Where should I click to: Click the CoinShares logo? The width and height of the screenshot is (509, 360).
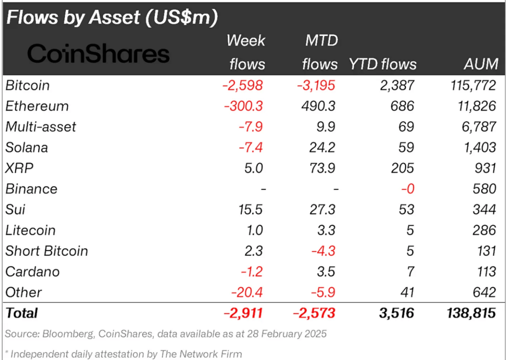(98, 53)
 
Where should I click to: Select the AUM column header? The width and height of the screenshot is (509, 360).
(481, 64)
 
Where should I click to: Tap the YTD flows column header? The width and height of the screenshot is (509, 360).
(383, 64)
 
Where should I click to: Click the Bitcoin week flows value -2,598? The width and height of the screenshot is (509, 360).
(243, 86)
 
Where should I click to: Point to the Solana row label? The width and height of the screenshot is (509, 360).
(27, 148)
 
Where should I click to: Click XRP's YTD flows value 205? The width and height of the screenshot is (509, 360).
(403, 169)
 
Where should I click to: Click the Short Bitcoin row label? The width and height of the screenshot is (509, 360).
(46, 251)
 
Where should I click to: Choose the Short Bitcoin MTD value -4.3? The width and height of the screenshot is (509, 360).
(325, 251)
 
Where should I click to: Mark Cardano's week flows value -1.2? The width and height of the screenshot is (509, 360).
(251, 272)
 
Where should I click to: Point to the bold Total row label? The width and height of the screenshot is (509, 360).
(22, 313)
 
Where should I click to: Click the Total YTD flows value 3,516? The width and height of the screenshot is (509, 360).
(396, 313)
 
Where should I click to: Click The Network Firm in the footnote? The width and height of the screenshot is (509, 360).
(201, 354)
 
